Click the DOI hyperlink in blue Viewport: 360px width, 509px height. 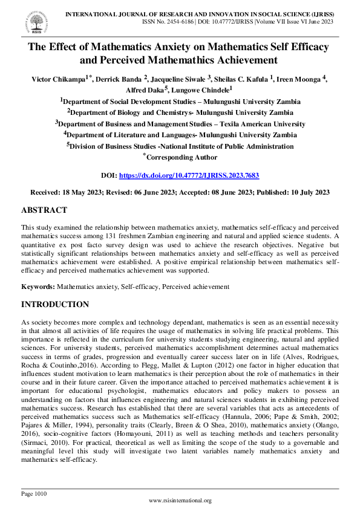189,175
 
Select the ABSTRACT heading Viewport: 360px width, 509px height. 44,210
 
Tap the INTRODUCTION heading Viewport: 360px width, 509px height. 55,304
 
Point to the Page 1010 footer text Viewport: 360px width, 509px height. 34,494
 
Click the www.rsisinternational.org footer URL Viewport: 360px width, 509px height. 180,501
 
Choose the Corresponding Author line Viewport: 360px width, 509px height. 181,157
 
